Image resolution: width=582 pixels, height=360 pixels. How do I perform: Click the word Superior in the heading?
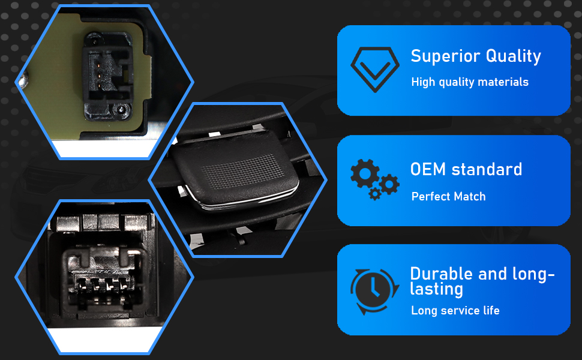click(445, 57)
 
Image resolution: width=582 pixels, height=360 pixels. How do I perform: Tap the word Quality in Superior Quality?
click(514, 57)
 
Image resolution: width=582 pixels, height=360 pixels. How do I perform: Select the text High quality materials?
click(470, 82)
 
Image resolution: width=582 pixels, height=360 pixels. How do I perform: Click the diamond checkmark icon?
click(375, 70)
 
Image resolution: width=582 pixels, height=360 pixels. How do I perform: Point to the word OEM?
click(428, 170)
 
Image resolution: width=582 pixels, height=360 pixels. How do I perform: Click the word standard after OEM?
click(487, 170)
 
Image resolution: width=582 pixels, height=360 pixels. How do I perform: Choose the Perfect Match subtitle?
click(448, 196)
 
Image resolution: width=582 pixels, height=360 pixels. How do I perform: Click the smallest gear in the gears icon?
click(375, 193)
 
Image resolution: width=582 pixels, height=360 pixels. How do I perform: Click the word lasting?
click(437, 289)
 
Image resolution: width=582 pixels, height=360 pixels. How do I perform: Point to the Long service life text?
click(455, 311)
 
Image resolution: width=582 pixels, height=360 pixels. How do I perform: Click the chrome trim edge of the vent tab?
click(245, 201)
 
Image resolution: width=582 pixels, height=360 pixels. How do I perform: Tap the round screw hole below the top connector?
click(122, 110)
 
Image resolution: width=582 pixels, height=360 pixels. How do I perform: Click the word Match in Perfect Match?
click(469, 196)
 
